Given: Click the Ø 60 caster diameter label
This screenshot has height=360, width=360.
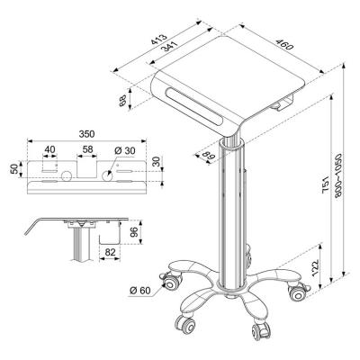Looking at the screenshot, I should (143, 290).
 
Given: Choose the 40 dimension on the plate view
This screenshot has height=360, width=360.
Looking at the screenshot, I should (49, 149).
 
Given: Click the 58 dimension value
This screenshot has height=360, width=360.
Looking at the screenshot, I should (86, 149).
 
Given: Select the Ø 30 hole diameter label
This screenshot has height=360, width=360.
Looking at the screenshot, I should (124, 149).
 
